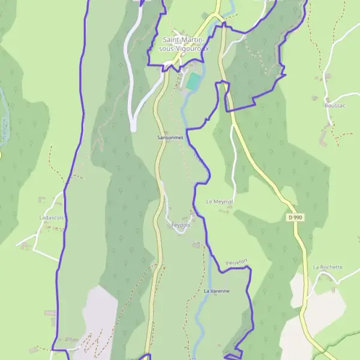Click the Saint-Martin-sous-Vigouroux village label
point(182,44)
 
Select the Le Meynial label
point(219,202)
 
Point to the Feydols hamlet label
point(181,225)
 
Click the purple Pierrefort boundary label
point(236,263)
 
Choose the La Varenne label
point(217,291)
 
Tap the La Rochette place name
point(328,267)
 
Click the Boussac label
point(334,105)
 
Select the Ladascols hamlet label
point(51,217)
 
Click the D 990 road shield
point(294,217)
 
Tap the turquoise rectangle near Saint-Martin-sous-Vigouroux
point(193,82)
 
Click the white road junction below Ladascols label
point(35,236)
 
